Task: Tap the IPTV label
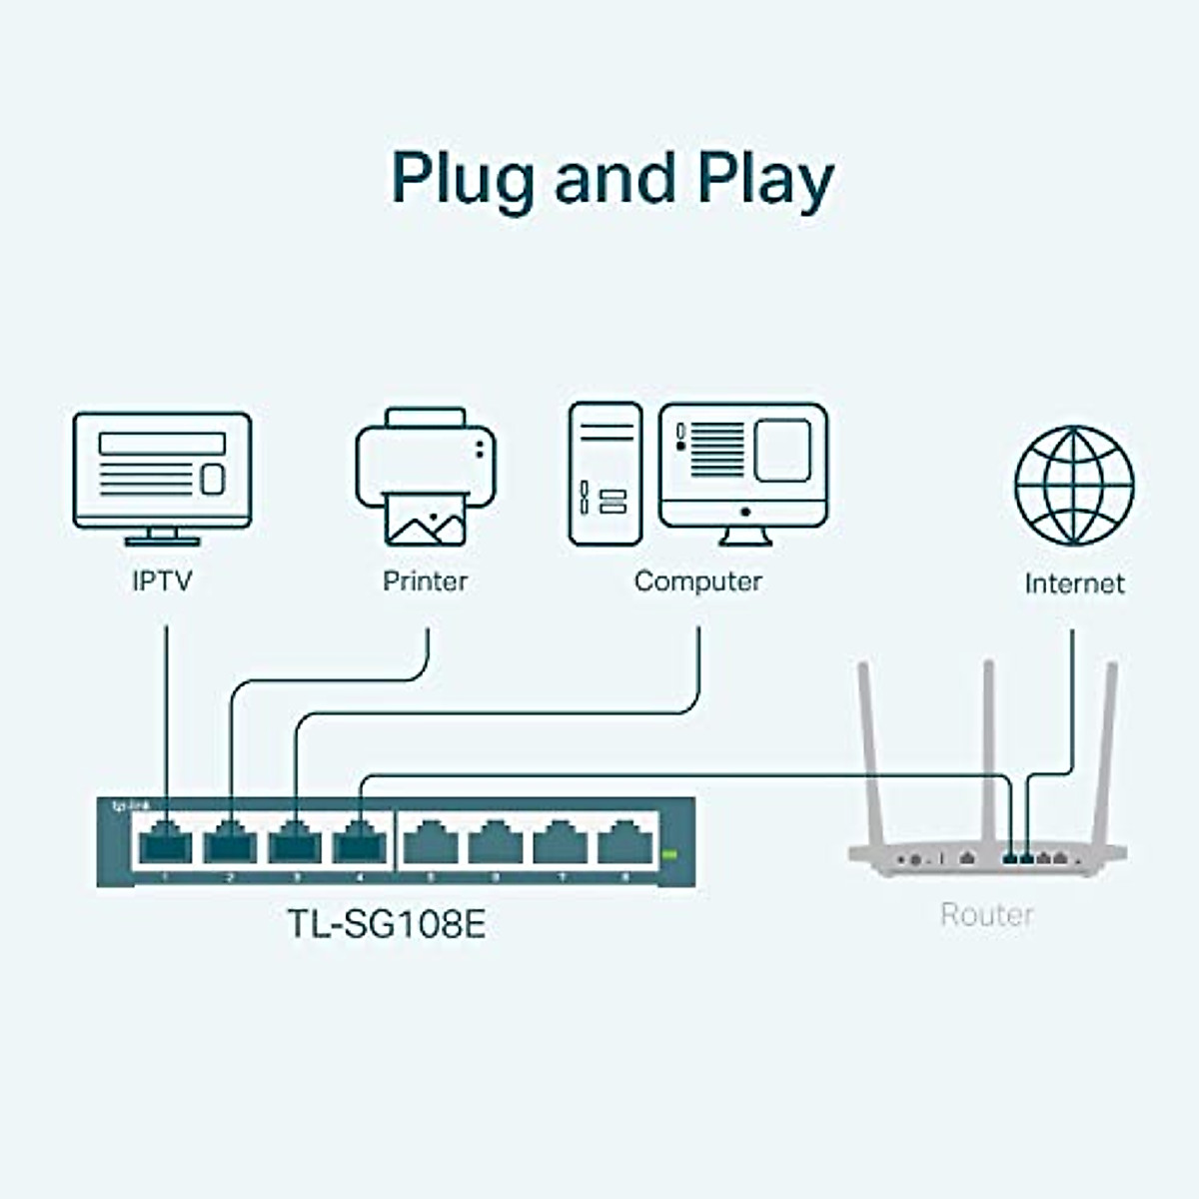162,581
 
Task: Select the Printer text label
425,581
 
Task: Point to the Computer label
697,581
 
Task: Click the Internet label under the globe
1074,584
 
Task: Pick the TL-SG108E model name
387,923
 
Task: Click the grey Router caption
986,914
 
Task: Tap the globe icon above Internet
1074,486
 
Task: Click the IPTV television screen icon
162,470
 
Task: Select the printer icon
426,475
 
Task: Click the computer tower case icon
604,474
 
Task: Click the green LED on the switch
669,854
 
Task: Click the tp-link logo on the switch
123,805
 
